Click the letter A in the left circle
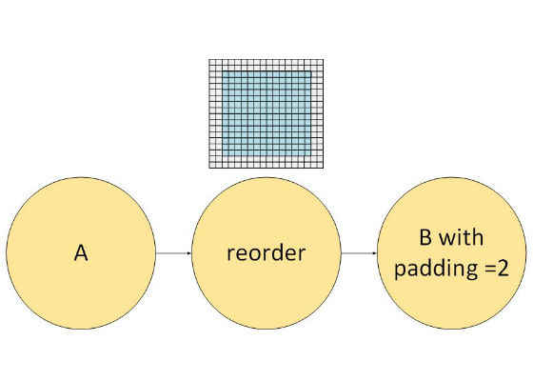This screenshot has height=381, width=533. tap(81, 253)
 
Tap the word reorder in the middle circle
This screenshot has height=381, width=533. tap(266, 253)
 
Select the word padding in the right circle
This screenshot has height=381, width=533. tap(437, 269)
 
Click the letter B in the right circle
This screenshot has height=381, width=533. tap(425, 237)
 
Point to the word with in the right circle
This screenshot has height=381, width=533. tap(462, 237)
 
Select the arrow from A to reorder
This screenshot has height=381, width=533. tap(173, 253)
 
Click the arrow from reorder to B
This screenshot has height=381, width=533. tap(360, 253)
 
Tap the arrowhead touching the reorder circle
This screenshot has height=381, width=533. tap(189, 253)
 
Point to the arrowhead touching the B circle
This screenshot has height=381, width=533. tap(375, 253)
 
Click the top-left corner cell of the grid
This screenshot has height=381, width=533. tap(212, 62)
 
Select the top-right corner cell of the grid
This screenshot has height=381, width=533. tap(320, 62)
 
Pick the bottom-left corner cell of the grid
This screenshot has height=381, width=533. tap(212, 165)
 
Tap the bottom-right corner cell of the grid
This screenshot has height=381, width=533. tap(320, 165)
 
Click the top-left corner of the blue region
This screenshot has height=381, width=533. tap(223, 71)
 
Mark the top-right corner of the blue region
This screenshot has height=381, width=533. tap(310, 71)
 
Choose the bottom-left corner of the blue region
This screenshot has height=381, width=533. tap(223, 156)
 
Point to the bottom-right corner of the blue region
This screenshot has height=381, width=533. tap(310, 156)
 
